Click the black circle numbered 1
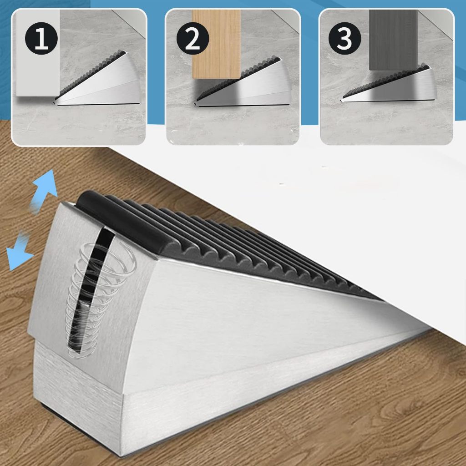coord(41,38)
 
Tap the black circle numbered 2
coord(192,38)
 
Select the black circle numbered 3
coord(345,38)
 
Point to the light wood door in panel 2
coord(216,44)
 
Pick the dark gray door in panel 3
coord(393,40)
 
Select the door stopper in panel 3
coord(390,85)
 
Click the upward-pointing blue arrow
coord(45,190)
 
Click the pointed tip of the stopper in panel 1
coord(54,103)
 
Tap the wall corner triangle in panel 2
coord(286,21)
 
